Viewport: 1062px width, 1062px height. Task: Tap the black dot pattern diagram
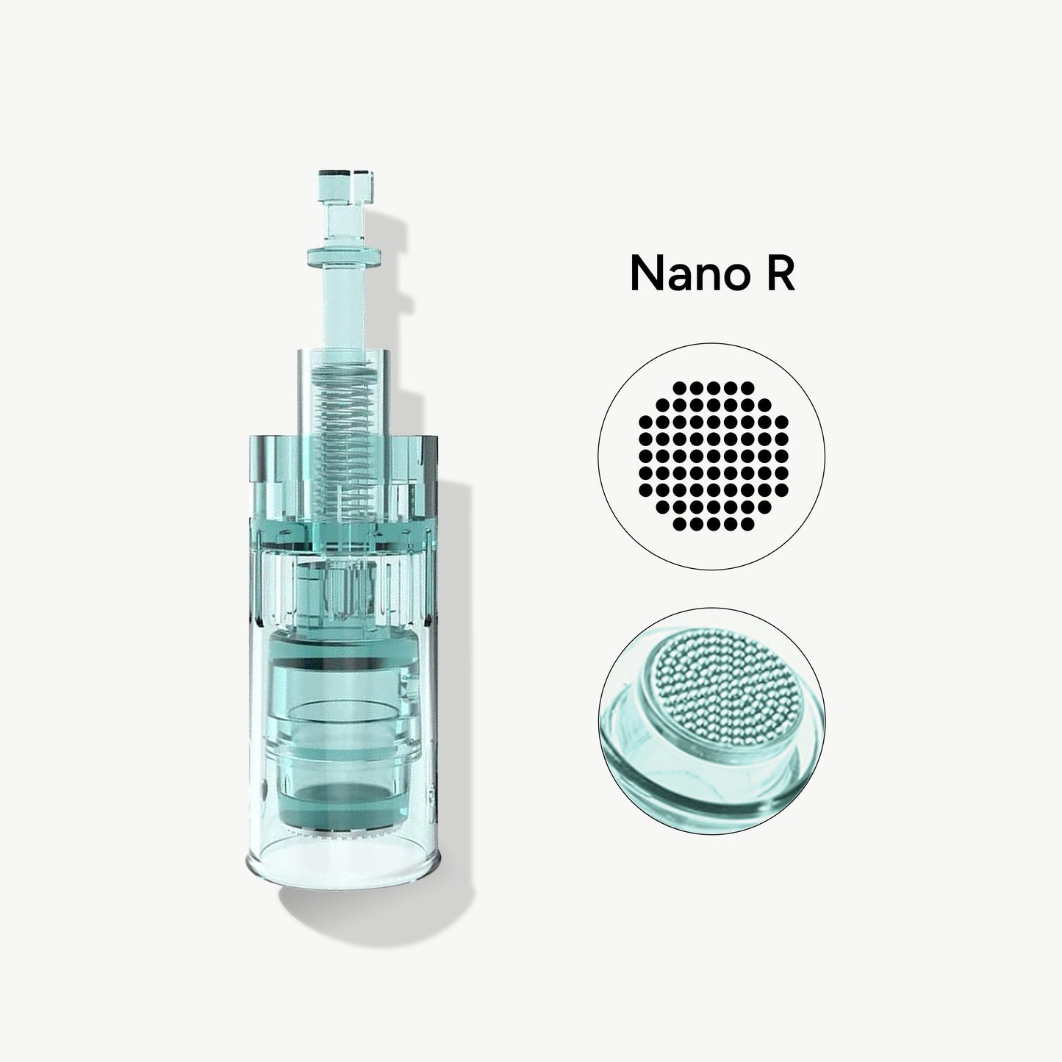(713, 456)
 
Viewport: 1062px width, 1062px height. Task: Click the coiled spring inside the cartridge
(344, 441)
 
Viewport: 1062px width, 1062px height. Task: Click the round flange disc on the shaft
(344, 256)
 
